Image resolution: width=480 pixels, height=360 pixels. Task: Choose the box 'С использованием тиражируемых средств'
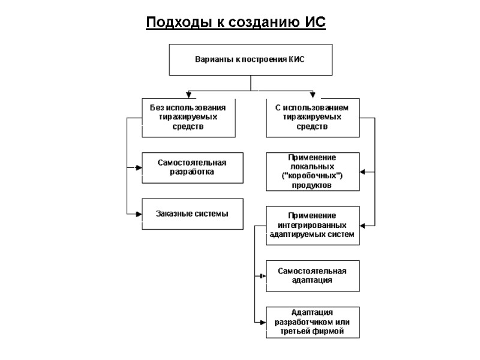click(x=313, y=117)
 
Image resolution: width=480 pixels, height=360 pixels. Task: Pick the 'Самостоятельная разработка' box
click(x=192, y=167)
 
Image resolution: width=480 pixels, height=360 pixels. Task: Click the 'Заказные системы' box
click(x=192, y=214)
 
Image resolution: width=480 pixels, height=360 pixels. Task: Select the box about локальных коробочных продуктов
click(x=313, y=172)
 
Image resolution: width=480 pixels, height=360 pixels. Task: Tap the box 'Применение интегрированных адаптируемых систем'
click(x=313, y=225)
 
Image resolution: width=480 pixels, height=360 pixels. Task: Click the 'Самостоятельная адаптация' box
click(x=313, y=275)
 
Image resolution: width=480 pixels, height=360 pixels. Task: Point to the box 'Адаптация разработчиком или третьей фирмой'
click(x=313, y=322)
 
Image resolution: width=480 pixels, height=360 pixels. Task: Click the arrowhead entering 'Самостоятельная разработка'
click(x=139, y=167)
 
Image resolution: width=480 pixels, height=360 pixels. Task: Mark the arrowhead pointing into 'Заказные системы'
click(x=139, y=214)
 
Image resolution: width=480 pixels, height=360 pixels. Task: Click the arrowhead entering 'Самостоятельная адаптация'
click(x=263, y=276)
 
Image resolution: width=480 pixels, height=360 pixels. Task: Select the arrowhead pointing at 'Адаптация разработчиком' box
click(x=263, y=323)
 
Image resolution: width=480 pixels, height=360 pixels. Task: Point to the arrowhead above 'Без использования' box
click(x=188, y=95)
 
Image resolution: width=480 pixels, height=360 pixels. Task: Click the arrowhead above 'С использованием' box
click(x=313, y=95)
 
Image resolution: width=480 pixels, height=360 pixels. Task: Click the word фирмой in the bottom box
click(x=329, y=332)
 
